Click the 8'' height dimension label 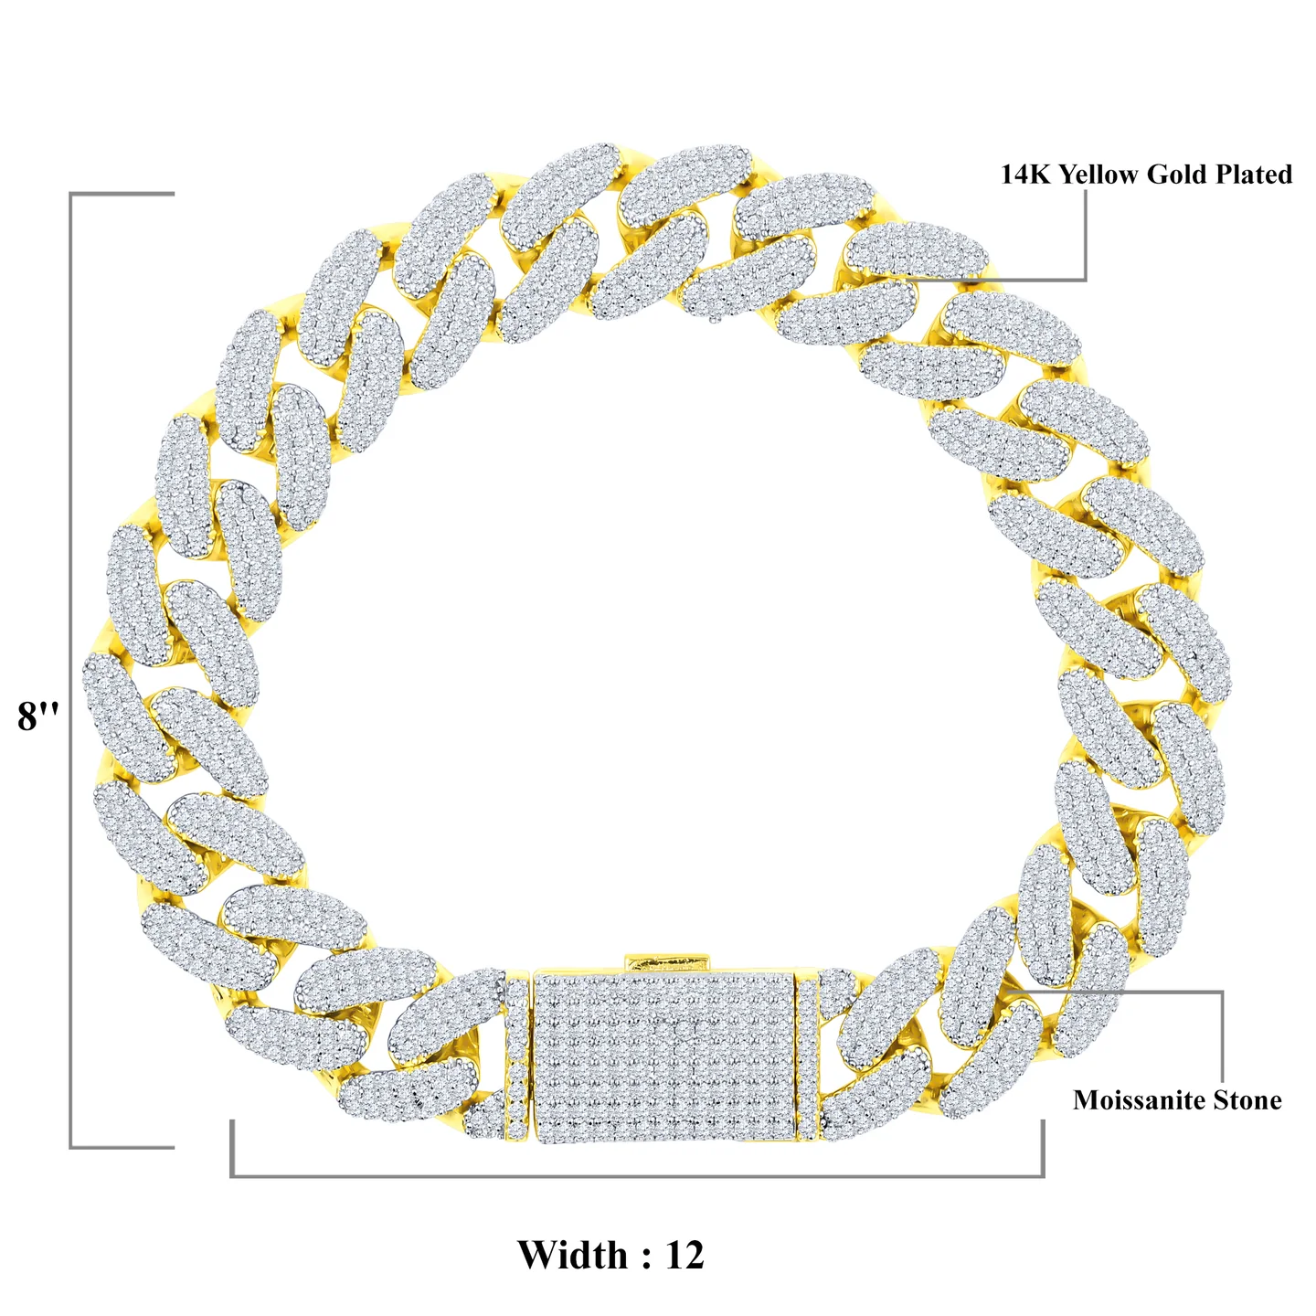[x=38, y=716]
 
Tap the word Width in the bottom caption [x=572, y=1255]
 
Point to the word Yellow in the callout [x=1099, y=175]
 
